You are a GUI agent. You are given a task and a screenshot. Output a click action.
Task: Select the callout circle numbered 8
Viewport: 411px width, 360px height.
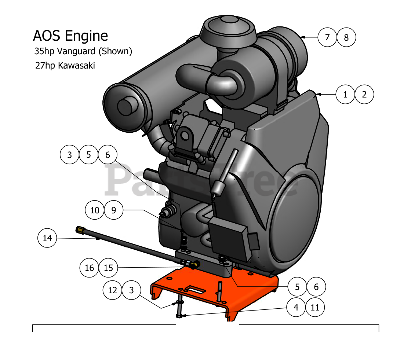pos(346,37)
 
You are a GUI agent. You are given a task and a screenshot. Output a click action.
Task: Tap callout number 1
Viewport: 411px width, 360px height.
pos(345,95)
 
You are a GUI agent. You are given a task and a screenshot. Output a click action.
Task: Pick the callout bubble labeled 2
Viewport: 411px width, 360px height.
pos(364,95)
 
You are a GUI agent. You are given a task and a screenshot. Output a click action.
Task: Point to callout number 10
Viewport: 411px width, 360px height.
pos(95,210)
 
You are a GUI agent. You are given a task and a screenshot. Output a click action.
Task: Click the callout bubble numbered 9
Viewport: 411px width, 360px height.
pos(113,210)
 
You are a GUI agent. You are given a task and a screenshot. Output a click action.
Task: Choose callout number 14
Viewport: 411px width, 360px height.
pos(47,238)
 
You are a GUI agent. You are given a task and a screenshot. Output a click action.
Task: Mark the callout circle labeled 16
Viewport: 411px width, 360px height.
pos(90,268)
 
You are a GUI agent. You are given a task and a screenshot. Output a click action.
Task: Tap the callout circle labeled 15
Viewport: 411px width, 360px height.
pos(108,268)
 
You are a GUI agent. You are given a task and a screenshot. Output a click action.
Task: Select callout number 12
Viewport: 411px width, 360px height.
pos(112,290)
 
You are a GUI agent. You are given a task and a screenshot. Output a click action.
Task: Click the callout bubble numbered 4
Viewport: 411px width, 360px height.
pos(297,307)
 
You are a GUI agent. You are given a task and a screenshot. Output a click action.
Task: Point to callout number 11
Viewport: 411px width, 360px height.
pos(315,307)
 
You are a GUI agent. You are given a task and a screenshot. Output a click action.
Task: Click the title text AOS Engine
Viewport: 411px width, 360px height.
pos(70,36)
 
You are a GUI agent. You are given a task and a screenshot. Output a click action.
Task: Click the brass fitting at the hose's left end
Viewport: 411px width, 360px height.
pos(80,230)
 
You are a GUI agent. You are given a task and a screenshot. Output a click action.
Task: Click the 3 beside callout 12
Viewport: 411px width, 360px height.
pos(131,290)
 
